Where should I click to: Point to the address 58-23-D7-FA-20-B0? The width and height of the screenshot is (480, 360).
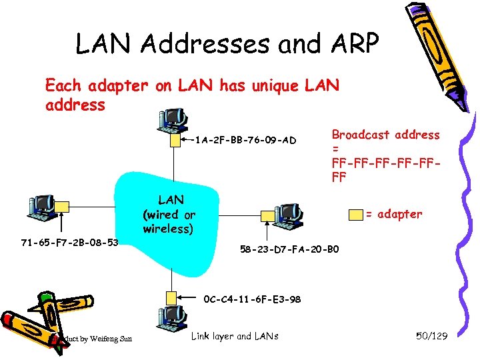tap(289, 249)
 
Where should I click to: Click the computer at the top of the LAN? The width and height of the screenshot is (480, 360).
tap(171, 120)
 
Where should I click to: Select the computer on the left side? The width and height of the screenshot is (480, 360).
tap(42, 207)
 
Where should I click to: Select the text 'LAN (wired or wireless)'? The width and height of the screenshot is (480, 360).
tap(169, 214)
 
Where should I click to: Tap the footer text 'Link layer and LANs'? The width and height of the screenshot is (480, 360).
tap(235, 336)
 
